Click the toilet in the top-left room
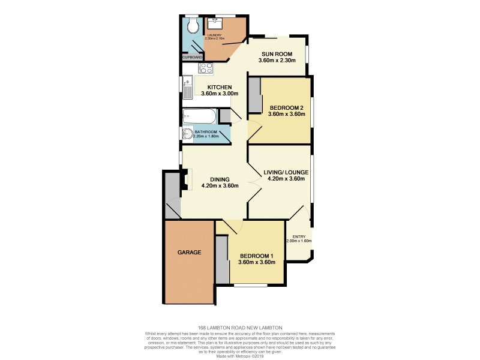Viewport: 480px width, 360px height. coord(192,26)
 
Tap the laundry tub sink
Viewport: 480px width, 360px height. coord(215,23)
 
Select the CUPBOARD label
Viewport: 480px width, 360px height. coord(193,58)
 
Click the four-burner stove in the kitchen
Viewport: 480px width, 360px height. coord(206,68)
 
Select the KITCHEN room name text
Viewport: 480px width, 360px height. coord(220,87)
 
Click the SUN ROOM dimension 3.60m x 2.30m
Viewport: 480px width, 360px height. coord(277,61)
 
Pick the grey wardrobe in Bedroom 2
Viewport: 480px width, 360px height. coord(255,96)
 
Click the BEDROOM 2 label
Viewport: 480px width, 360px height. coord(286,107)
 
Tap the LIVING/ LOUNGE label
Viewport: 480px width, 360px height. coord(286,172)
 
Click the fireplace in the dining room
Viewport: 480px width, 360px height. coord(188,179)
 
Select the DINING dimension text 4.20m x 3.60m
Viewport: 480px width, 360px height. coord(220,186)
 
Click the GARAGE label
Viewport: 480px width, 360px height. coord(189,252)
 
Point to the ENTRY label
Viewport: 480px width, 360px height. coord(299,236)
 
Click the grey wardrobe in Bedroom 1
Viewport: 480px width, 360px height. coord(222,259)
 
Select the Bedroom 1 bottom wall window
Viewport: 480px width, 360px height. coord(250,284)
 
